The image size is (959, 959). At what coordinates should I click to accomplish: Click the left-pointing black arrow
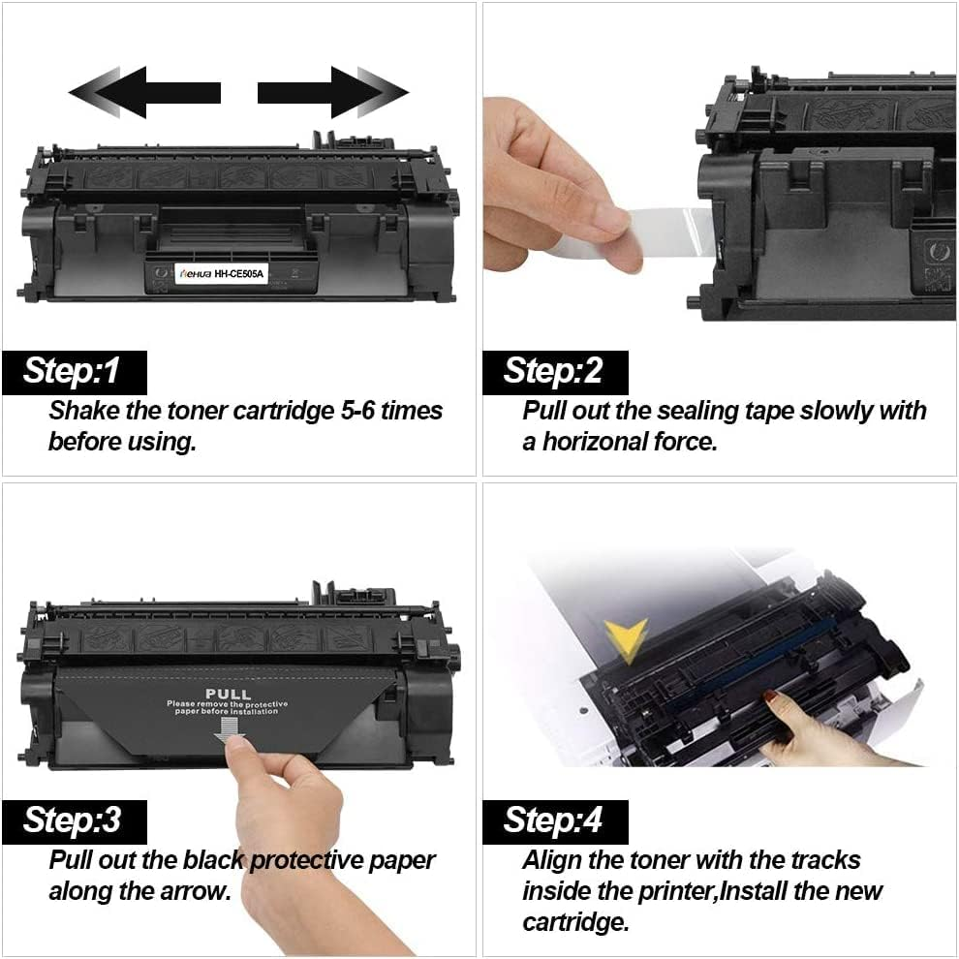145,92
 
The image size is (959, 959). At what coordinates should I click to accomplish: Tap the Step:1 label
73,372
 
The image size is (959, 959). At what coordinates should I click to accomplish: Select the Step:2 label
554,372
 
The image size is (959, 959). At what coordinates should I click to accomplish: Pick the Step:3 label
73,821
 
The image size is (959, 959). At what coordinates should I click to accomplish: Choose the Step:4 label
554,821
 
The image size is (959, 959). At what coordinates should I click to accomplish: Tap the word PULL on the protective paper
229,694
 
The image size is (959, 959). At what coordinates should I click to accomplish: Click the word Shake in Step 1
84,411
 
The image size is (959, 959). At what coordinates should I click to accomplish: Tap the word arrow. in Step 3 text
197,891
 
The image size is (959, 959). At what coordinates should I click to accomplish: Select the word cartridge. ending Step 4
575,921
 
